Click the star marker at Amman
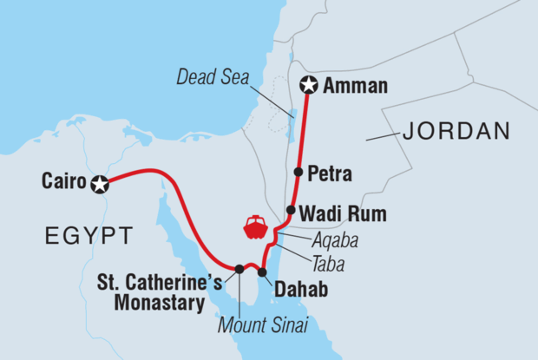[x=309, y=85]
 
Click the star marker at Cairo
[x=100, y=183]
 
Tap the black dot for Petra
[x=299, y=173]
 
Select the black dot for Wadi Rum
[x=291, y=211]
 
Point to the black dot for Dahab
[x=262, y=272]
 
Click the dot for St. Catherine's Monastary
[x=239, y=269]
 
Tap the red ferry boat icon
[x=255, y=227]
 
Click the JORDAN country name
[x=455, y=132]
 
